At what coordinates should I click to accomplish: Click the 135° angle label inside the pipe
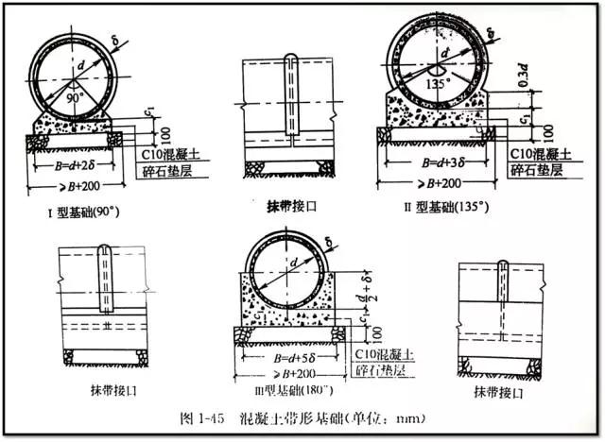tap(436, 81)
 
